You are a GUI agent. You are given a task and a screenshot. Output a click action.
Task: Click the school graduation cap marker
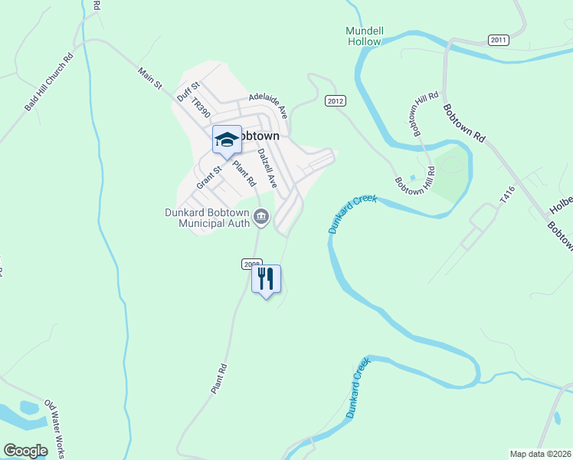point(227,140)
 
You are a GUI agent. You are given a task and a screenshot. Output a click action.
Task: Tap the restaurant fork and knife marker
point(266,279)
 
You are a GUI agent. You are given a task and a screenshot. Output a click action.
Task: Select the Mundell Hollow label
point(364,35)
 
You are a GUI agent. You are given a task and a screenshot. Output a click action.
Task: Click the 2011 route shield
point(498,40)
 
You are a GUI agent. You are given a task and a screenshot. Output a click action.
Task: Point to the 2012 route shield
point(335,100)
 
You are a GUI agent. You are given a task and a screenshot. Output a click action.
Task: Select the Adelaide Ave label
point(267,105)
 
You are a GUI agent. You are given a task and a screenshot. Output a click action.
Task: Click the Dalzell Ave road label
point(267,168)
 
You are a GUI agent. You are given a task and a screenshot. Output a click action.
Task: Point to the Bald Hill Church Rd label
point(47,82)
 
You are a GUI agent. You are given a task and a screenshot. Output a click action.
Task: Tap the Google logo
point(25,451)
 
